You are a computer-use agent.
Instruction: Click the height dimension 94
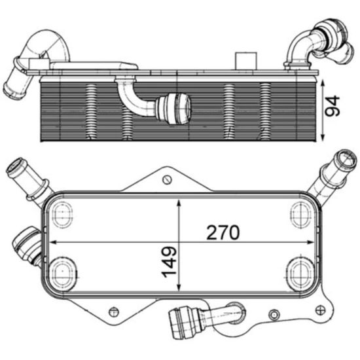coord(334,106)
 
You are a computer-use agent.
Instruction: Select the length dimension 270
coord(224,232)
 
